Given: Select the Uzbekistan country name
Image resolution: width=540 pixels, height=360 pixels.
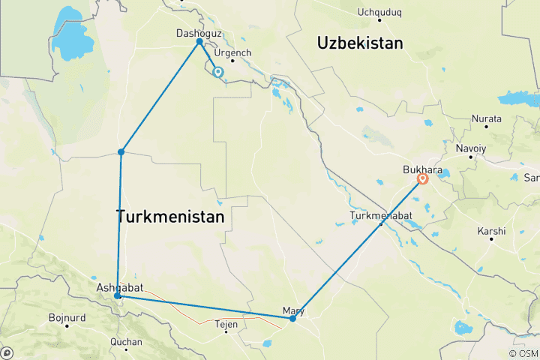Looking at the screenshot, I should [x=360, y=43].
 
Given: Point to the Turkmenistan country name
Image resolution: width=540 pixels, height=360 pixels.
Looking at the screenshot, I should [x=170, y=217].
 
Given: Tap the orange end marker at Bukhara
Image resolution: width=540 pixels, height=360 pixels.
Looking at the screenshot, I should [x=423, y=178].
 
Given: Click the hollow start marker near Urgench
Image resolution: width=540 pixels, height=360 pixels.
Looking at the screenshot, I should [x=218, y=73].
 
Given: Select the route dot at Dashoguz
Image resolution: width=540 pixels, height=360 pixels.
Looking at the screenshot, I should [x=199, y=42].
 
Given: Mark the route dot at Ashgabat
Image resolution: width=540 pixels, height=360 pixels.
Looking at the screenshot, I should [x=118, y=296].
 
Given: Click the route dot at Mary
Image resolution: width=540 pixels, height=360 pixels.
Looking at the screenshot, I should [x=292, y=319].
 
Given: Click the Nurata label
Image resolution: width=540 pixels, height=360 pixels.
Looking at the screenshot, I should [x=485, y=118].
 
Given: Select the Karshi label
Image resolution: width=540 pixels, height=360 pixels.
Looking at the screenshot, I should [x=491, y=232].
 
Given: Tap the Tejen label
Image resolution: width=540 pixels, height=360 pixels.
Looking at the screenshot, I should [x=226, y=324].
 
